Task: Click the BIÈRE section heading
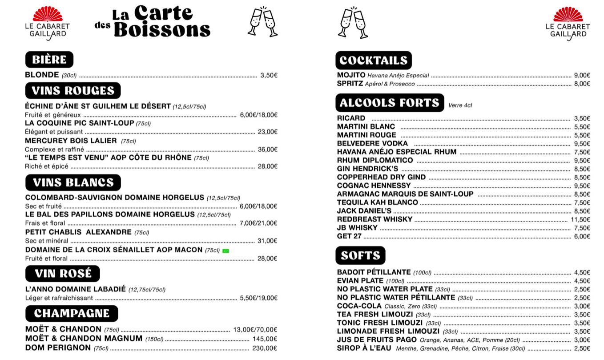49,60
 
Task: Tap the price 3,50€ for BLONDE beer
269,75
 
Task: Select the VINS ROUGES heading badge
73,91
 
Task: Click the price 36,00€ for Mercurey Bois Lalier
267,150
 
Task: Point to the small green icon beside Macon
225,251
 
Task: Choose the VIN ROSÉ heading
63,273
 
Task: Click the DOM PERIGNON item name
58,348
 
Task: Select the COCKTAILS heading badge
373,61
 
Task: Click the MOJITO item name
351,75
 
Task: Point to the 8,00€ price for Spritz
582,84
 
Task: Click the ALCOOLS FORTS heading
389,103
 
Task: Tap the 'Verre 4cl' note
460,105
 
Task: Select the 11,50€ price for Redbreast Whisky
580,219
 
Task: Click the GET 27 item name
349,236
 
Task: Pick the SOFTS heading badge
360,255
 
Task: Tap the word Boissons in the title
162,29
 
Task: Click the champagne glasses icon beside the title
262,21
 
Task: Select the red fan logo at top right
568,14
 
